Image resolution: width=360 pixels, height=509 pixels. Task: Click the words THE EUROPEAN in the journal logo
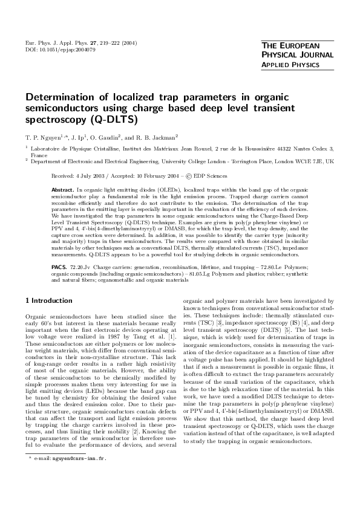click(x=286, y=46)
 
